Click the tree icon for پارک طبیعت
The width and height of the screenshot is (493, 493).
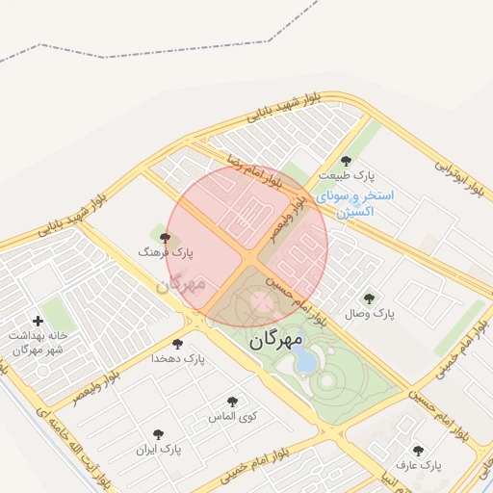pos(346,161)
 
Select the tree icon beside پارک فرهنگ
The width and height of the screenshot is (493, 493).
pos(165,237)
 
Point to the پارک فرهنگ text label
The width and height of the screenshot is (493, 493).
pos(166,252)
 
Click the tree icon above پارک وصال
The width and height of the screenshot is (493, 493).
pos(368,298)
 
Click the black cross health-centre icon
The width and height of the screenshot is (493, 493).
pos(38,321)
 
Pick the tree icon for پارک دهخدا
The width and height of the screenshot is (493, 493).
pos(177,344)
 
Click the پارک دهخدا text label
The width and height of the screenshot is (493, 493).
pos(178,359)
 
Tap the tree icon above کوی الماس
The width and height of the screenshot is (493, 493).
pos(231,402)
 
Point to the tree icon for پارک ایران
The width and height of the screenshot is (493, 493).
pos(158,434)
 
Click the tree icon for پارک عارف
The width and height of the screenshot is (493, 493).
pos(417,450)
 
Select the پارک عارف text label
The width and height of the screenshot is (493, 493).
pos(417,465)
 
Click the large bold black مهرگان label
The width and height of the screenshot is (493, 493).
pos(275,340)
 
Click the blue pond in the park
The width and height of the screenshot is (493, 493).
pos(305,361)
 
